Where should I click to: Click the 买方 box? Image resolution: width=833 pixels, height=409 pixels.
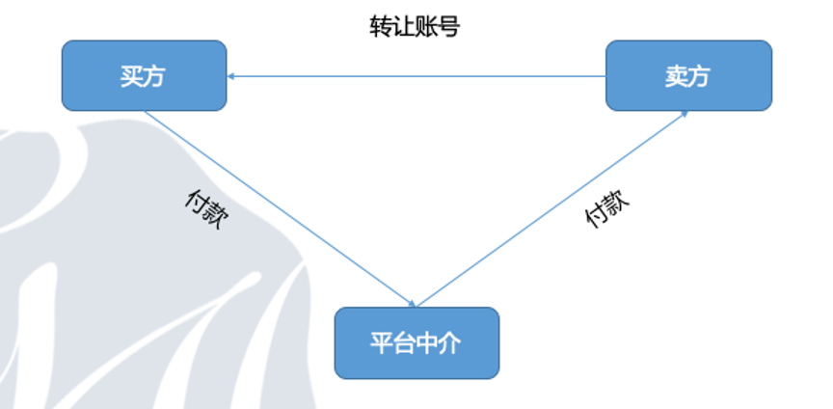point(144,75)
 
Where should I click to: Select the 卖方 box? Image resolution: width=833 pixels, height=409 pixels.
point(688,75)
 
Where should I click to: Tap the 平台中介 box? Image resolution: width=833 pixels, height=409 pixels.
point(416,343)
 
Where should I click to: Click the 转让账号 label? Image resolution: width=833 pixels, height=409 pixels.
point(415,27)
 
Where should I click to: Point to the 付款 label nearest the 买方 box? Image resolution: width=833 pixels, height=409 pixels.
point(207,209)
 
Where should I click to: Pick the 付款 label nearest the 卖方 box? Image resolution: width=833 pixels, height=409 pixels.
point(607,208)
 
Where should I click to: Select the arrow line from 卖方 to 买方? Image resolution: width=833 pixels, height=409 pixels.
point(416,76)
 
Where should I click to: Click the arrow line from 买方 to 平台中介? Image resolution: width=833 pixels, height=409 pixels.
point(281,209)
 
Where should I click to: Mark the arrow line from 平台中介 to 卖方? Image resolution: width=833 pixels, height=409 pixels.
point(552,209)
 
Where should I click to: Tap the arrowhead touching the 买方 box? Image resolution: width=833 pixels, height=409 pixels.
point(230,76)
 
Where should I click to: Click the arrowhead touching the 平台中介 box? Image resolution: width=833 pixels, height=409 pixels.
point(413,304)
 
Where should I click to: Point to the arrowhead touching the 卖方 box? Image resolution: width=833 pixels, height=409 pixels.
point(685,114)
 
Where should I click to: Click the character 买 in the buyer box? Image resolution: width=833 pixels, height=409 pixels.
point(131,76)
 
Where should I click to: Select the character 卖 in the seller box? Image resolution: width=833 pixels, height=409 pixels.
point(676,76)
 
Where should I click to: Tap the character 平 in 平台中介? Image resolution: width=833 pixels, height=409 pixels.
point(382,343)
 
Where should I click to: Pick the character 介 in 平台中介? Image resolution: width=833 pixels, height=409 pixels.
point(449,343)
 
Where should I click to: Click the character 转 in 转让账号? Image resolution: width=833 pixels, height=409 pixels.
point(381,27)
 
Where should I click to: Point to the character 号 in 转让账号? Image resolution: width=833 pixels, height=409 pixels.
point(449,27)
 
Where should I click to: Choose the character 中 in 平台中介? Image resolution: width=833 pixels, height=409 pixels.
point(427,343)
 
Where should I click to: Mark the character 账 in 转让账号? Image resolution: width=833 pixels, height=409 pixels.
point(426,27)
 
